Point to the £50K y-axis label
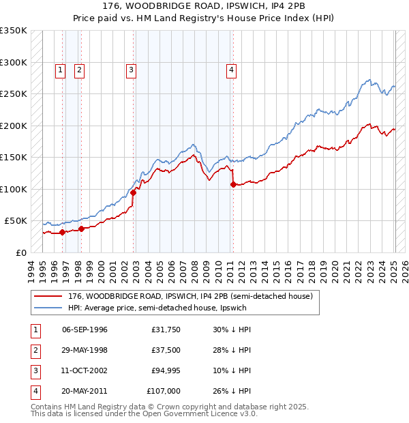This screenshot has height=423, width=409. (16, 221)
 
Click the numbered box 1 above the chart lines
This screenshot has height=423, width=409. (60, 69)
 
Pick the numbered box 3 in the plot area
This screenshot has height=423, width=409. (130, 69)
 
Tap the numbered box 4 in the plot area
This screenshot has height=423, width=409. (232, 69)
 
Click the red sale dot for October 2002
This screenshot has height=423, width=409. (134, 192)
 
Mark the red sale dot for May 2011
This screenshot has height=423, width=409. (232, 184)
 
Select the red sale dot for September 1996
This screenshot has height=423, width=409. (63, 232)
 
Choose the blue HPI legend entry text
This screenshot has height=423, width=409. (157, 308)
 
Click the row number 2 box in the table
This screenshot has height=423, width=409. (34, 350)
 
